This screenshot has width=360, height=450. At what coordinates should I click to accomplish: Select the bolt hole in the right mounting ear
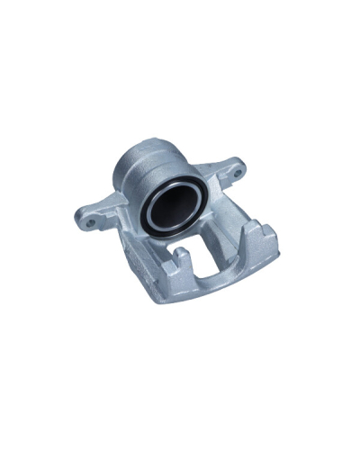[239, 166]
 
